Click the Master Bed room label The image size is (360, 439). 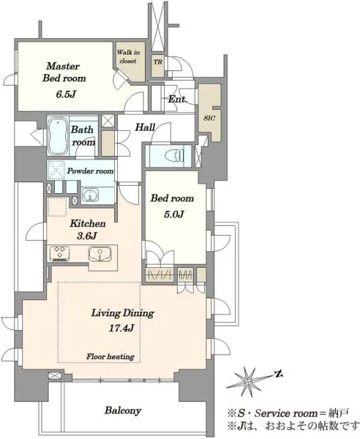point(64,72)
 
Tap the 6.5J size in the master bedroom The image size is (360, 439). point(65,94)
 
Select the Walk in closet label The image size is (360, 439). point(128,56)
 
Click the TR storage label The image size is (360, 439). point(157,61)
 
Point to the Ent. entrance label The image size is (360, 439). point(177,99)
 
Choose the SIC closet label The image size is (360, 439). point(209,118)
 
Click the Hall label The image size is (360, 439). point(145,127)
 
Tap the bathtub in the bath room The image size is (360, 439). point(59,135)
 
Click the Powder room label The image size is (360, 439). point(91,170)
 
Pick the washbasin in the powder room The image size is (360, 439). point(90,195)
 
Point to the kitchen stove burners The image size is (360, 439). point(59,252)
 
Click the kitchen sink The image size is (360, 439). point(100,254)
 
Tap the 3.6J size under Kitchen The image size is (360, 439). point(86,236)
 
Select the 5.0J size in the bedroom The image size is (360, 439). point(173,214)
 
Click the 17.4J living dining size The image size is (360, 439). point(121,328)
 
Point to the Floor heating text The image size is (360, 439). point(110,357)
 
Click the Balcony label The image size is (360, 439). point(123,410)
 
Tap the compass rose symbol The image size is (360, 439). point(248,380)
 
